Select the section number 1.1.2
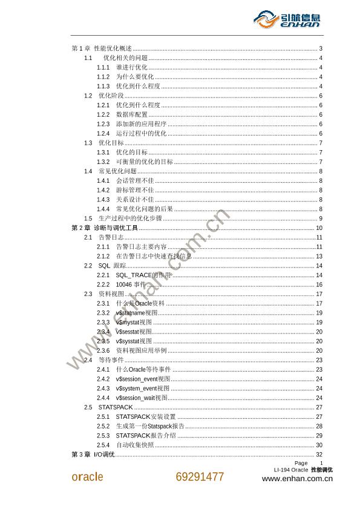(103, 77)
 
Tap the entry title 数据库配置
(131, 114)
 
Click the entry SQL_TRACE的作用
(143, 275)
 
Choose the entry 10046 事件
(131, 284)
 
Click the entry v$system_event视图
(142, 388)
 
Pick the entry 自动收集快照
(134, 445)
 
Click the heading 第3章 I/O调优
(93, 455)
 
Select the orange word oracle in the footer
(88, 476)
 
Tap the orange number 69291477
(200, 476)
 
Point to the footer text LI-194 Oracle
(290, 470)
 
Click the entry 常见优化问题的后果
(144, 209)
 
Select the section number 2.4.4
(103, 398)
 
